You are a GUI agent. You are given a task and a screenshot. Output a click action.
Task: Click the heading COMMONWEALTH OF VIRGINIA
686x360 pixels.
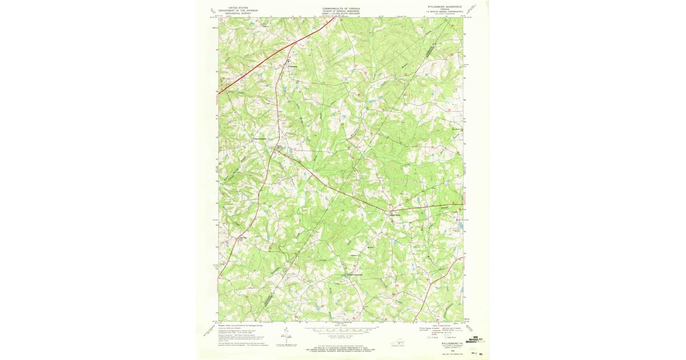(x=343, y=9)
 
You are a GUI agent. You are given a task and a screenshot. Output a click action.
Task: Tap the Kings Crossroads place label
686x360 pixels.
(x=259, y=138)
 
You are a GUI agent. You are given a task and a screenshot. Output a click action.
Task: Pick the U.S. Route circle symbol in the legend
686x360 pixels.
(x=426, y=337)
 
